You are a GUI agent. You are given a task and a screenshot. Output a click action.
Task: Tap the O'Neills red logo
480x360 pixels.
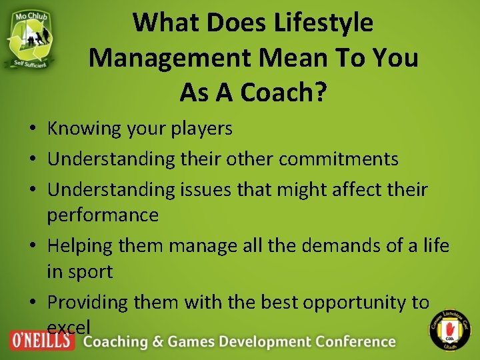(41, 341)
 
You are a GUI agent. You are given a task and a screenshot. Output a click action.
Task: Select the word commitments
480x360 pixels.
(338, 159)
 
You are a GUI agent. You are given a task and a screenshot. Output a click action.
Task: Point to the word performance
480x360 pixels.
(103, 216)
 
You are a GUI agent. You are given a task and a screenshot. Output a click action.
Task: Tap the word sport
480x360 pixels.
(89, 273)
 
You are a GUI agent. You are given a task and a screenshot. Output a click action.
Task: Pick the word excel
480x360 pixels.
(69, 327)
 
